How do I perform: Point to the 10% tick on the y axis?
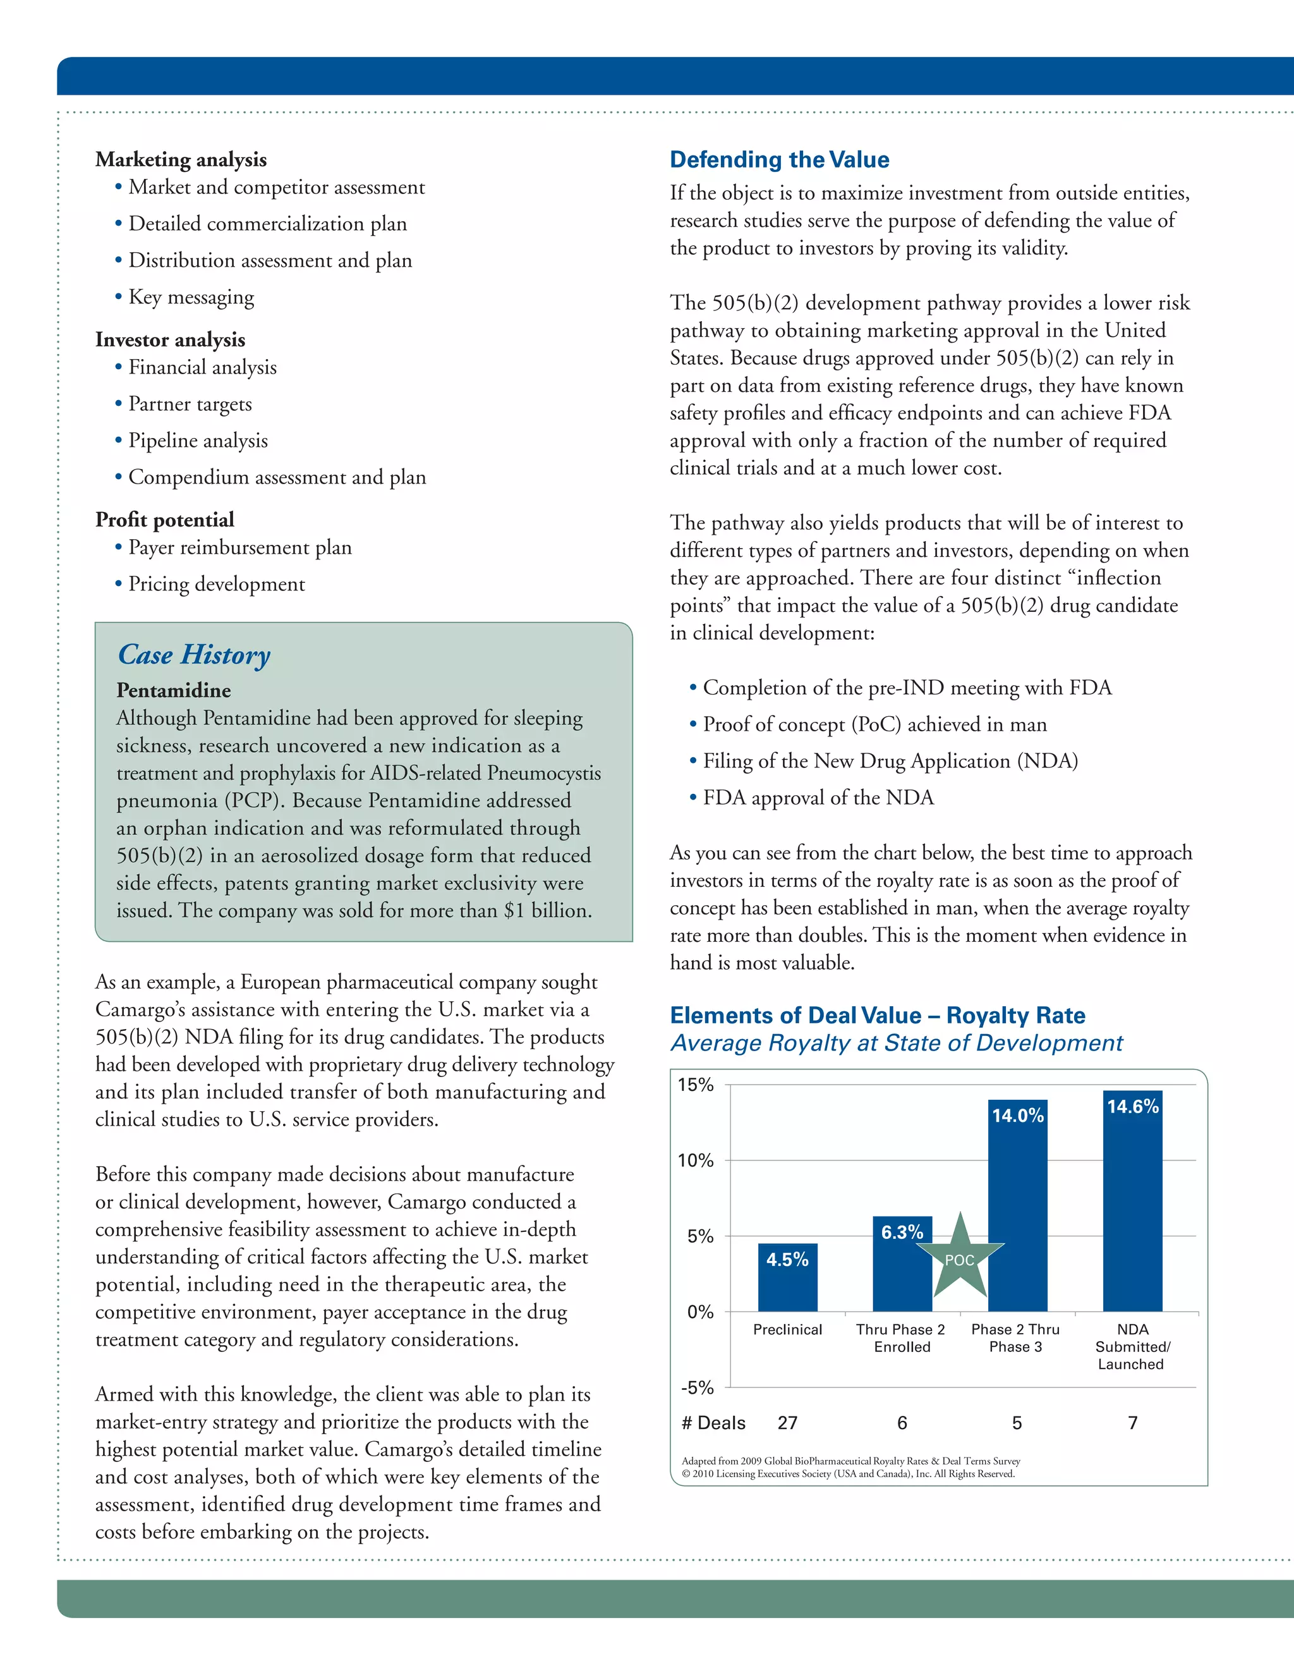[x=695, y=1160]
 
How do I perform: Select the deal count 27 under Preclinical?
[x=787, y=1423]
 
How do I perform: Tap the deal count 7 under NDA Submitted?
[x=1132, y=1423]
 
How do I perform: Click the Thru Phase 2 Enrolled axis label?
[x=901, y=1338]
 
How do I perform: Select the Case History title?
[x=194, y=655]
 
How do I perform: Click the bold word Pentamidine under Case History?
[x=173, y=690]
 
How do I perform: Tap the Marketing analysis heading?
[x=181, y=159]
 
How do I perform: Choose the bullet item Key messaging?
[x=191, y=298]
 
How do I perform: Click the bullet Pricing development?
[x=216, y=585]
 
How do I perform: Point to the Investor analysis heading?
[x=170, y=340]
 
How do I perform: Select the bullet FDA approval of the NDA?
[x=818, y=798]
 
